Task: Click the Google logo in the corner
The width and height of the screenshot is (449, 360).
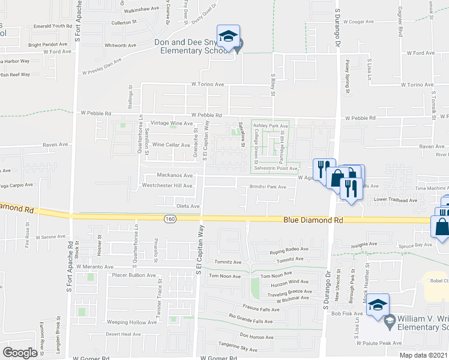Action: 20,353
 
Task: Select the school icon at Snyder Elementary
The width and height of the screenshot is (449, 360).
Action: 228,37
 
